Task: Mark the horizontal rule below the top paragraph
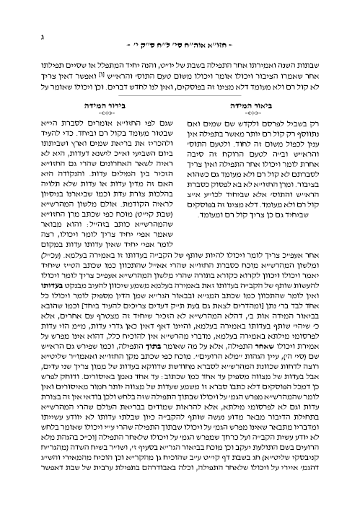tap(180, 95)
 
